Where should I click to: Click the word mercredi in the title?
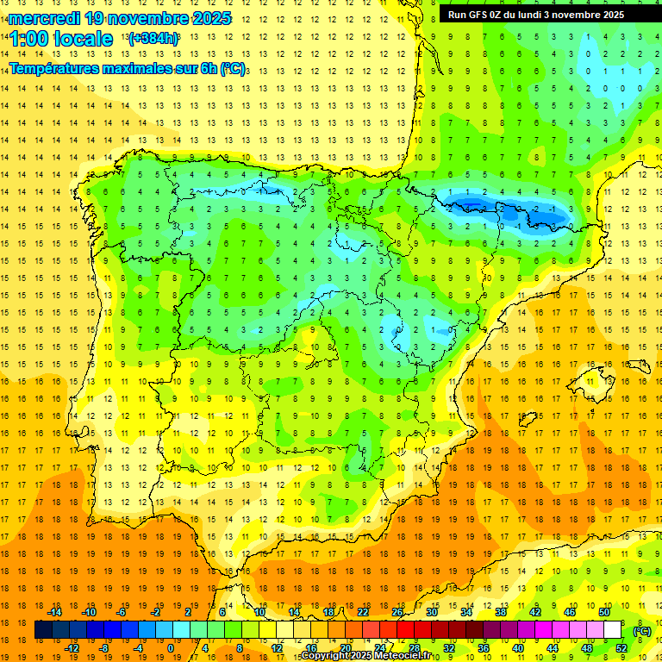click(x=43, y=18)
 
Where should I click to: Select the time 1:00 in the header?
click(x=29, y=39)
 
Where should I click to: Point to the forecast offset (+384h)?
click(x=153, y=39)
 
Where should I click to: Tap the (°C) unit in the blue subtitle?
click(x=232, y=68)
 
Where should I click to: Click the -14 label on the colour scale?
click(x=54, y=612)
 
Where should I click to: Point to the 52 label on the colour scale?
click(x=621, y=648)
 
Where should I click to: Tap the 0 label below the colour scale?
click(x=171, y=648)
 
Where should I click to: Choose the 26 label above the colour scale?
click(x=397, y=612)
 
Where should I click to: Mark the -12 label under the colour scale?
click(x=72, y=648)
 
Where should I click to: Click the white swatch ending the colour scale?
click(x=613, y=630)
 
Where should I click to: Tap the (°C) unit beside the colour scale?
click(x=641, y=630)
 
